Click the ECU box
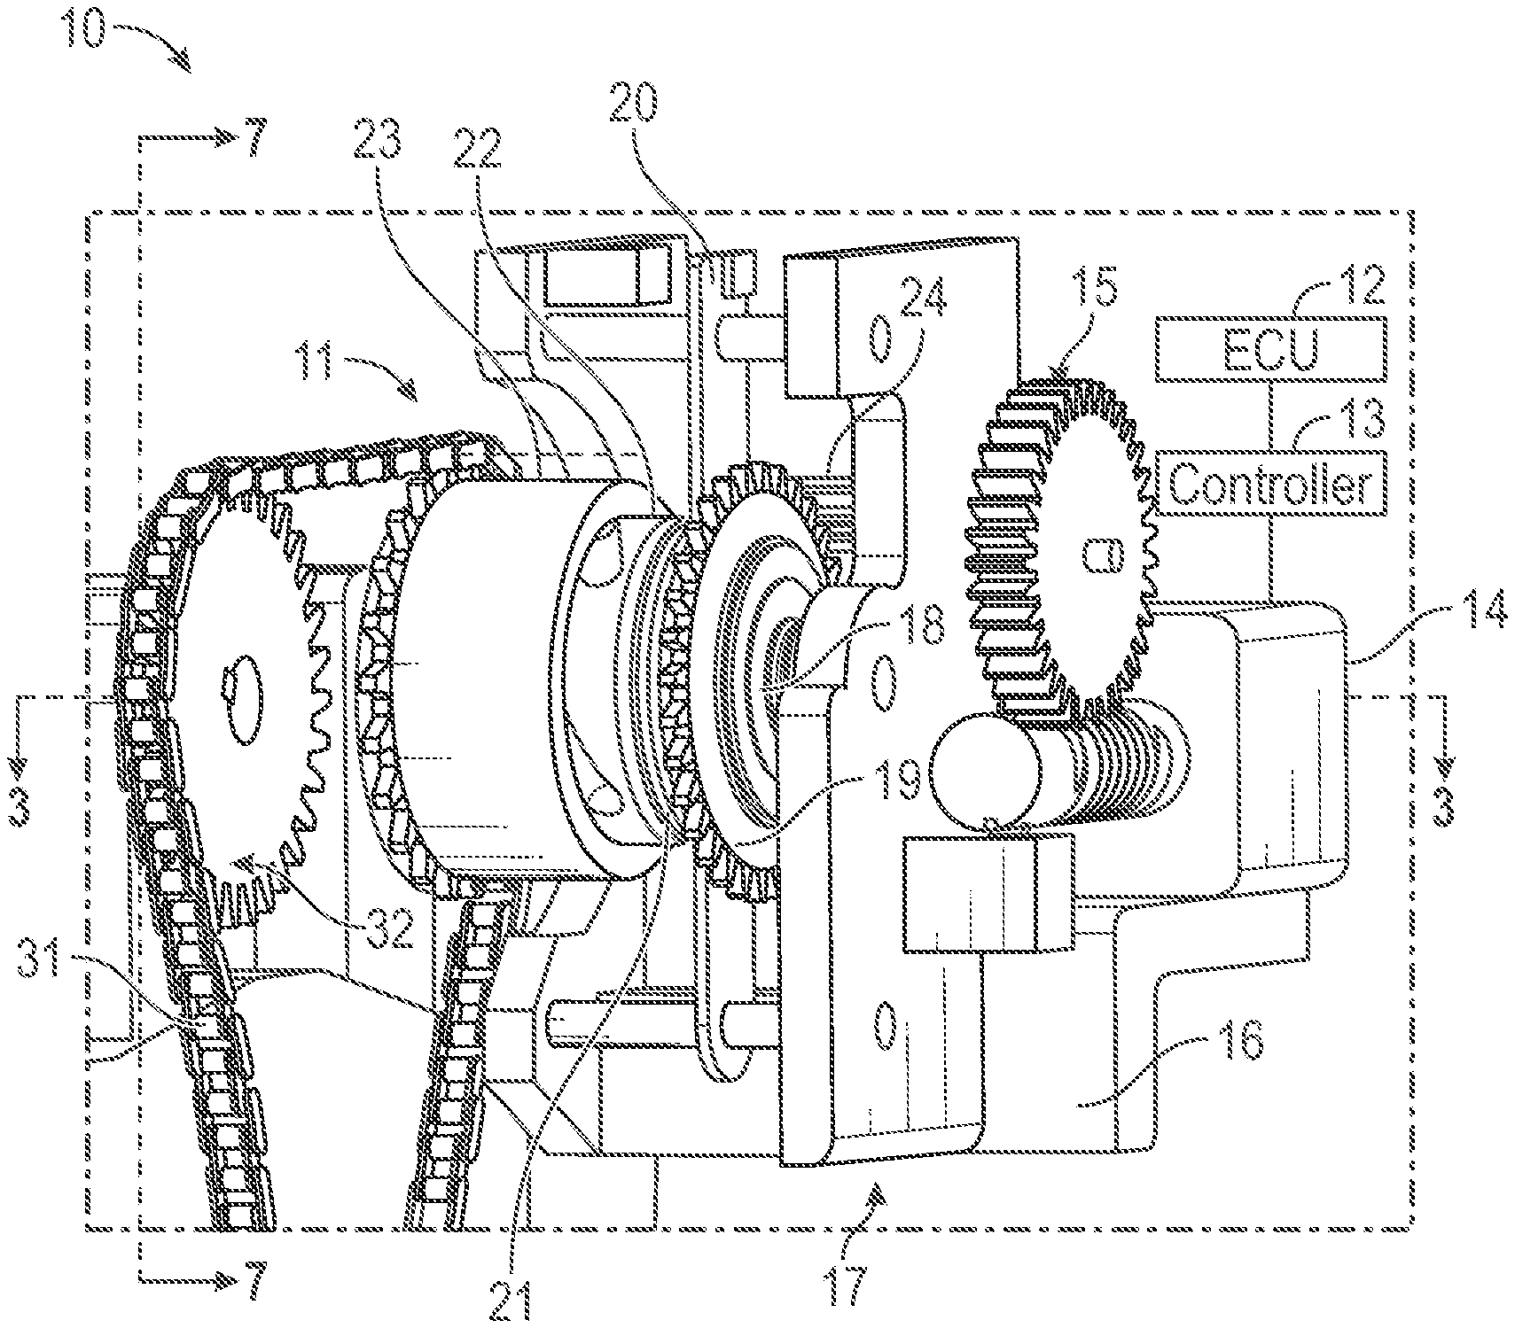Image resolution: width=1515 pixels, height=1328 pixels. [1270, 351]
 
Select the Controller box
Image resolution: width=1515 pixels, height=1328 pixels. [1271, 484]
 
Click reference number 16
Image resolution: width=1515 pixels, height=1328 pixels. [1242, 1043]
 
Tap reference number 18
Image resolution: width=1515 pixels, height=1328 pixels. [914, 624]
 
